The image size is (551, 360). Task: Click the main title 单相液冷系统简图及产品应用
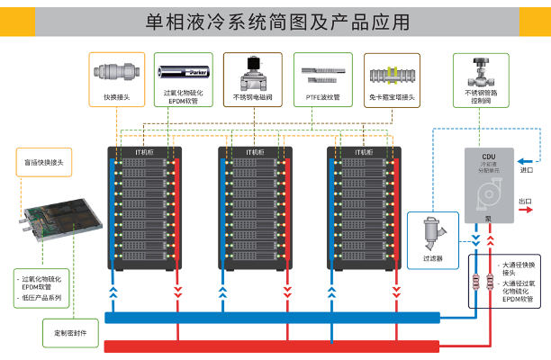coord(276,21)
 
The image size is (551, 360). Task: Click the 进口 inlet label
coord(527,169)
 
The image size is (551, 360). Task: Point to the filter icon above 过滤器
coord(431,232)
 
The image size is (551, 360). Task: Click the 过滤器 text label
coord(432,258)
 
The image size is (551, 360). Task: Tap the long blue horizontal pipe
coord(270,317)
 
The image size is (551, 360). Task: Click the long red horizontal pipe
coord(270,346)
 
